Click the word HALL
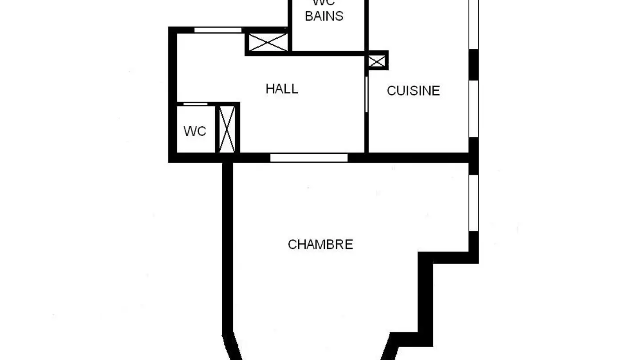point(282,89)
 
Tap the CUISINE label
point(413,91)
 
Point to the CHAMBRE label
point(320,244)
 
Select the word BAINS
point(324,16)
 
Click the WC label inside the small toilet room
point(195,132)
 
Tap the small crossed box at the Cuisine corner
point(377,61)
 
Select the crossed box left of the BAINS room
point(268,42)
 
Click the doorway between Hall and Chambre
point(309,158)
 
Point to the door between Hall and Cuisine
point(366,94)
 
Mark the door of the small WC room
point(196,104)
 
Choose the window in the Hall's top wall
point(218,30)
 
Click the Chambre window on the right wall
point(474,203)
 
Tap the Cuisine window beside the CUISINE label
point(474,109)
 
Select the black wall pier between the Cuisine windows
point(474,64)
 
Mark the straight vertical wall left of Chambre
point(228,244)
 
